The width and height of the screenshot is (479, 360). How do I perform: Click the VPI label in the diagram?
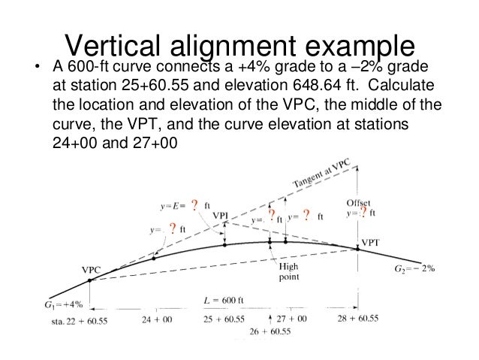tap(221, 216)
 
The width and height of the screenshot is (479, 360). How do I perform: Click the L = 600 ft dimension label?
tap(226, 300)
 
